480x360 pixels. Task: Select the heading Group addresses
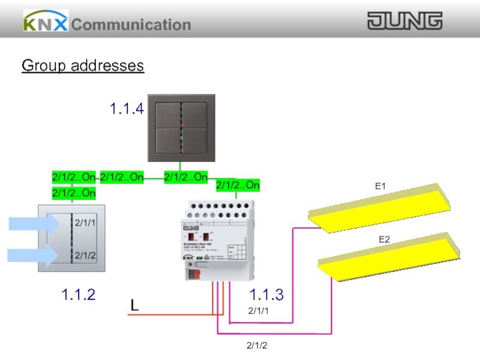(x=83, y=65)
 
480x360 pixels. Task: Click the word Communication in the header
(x=131, y=25)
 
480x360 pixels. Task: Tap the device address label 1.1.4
(x=127, y=109)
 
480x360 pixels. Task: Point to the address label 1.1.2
(x=78, y=295)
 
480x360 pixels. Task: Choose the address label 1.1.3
(x=266, y=295)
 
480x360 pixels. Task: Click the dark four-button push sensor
(x=180, y=128)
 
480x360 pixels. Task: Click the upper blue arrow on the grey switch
(x=34, y=224)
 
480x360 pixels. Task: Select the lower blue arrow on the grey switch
(x=34, y=255)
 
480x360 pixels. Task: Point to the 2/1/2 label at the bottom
(x=257, y=346)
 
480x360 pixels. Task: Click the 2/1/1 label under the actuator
(x=259, y=310)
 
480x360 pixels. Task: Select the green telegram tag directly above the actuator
(x=238, y=185)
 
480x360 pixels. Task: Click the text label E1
(x=380, y=187)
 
